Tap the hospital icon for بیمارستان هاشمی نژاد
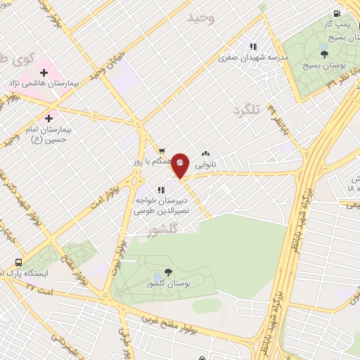[x=44, y=72]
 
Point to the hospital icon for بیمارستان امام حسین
[x=49, y=117]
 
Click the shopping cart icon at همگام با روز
[x=162, y=150]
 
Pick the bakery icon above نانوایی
[x=206, y=152]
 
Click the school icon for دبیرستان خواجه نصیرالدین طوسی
[x=161, y=189]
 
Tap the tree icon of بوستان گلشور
[x=167, y=272]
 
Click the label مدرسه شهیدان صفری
[x=254, y=58]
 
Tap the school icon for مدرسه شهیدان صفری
[x=253, y=47]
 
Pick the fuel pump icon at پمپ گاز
[x=338, y=13]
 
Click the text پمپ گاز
[x=335, y=25]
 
